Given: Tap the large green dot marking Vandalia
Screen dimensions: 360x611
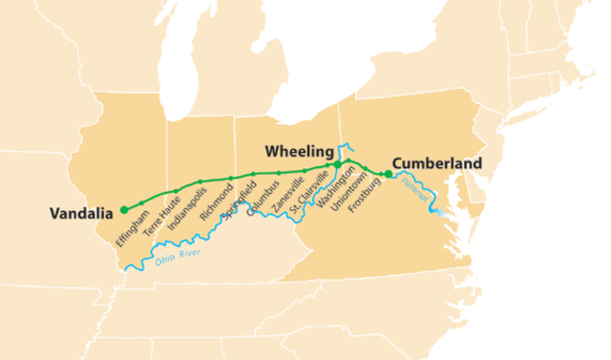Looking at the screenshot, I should pyautogui.click(x=124, y=208).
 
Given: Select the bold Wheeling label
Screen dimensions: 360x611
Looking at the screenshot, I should pyautogui.click(x=299, y=152).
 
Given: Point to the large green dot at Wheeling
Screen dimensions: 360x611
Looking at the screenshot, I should pyautogui.click(x=337, y=165).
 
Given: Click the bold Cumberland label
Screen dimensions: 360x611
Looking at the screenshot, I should pyautogui.click(x=437, y=163).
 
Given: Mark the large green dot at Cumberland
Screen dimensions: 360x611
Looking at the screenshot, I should pyautogui.click(x=388, y=174).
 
